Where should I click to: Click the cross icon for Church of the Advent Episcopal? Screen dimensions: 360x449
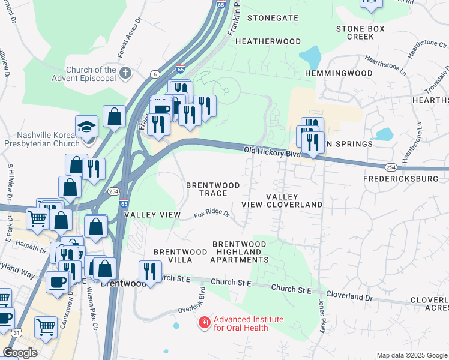pos(125,74)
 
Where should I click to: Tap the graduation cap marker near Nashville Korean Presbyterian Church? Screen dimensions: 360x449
pos(87,127)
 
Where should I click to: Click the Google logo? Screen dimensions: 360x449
pos(20,353)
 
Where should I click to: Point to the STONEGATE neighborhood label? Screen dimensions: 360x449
pos(273,18)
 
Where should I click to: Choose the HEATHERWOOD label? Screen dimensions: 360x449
pos(268,41)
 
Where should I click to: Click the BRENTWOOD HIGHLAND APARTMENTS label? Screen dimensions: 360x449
pos(240,252)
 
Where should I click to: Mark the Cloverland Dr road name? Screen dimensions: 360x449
pos(351,297)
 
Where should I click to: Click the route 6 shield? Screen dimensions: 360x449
pos(156,74)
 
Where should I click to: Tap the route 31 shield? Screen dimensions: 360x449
pos(17,332)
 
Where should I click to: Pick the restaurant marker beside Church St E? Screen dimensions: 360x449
pos(150,272)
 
